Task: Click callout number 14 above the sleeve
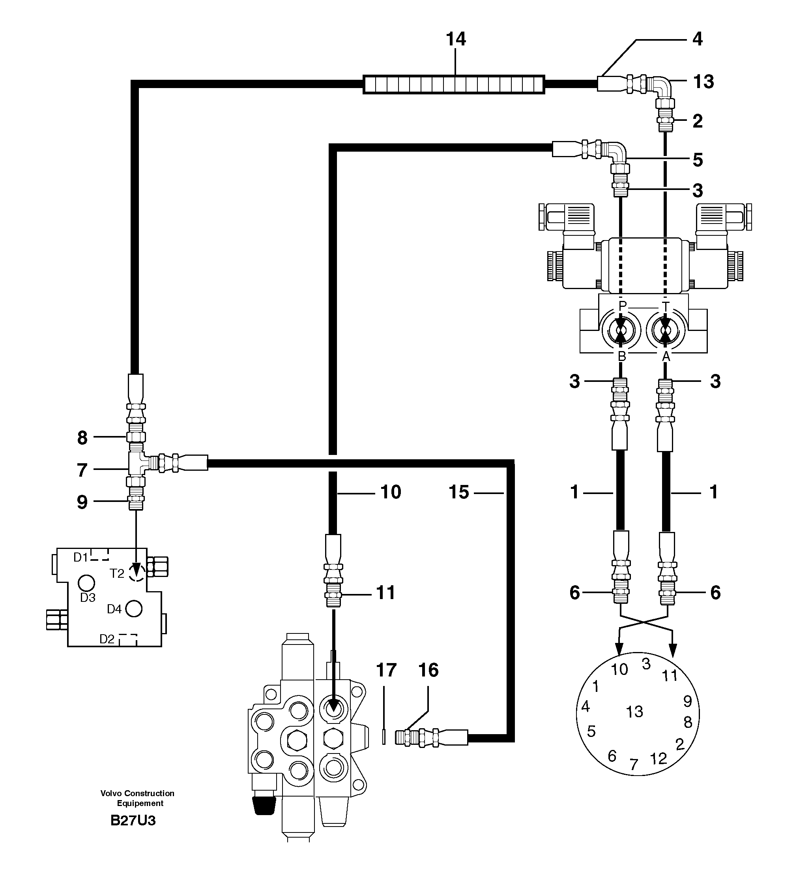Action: [x=455, y=39]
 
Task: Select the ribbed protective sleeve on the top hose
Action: [x=453, y=84]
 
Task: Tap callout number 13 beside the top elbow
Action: [x=703, y=82]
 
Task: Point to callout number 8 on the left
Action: [x=82, y=438]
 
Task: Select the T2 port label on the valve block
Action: [x=117, y=573]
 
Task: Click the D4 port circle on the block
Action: [x=134, y=609]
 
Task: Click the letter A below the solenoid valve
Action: [x=666, y=357]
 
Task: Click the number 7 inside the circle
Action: [x=634, y=765]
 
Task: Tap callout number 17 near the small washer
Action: [x=386, y=670]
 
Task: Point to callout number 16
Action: [x=428, y=670]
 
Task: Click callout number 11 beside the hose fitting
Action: [x=386, y=593]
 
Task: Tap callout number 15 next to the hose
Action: [x=458, y=492]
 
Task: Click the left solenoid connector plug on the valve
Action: [x=566, y=217]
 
